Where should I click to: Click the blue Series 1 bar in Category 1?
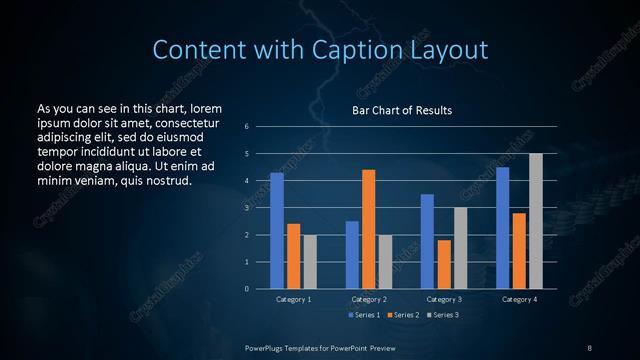pos(277,231)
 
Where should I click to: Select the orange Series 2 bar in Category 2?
pos(368,229)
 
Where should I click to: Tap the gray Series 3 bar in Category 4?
pos(536,221)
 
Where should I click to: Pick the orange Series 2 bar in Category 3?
pos(444,264)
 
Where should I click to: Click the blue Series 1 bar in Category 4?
pos(502,228)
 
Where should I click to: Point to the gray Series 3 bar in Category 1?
pos(310,262)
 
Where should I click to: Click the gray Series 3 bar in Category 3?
pos(460,248)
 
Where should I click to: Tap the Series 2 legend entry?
pos(402,314)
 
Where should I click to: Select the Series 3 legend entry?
pos(441,314)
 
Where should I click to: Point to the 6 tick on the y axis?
pos(246,127)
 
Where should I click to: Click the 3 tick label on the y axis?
pos(246,208)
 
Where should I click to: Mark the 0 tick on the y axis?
pos(246,289)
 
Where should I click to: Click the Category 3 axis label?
pos(444,299)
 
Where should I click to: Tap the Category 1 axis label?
pos(294,299)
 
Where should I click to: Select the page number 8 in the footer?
pos(589,347)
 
